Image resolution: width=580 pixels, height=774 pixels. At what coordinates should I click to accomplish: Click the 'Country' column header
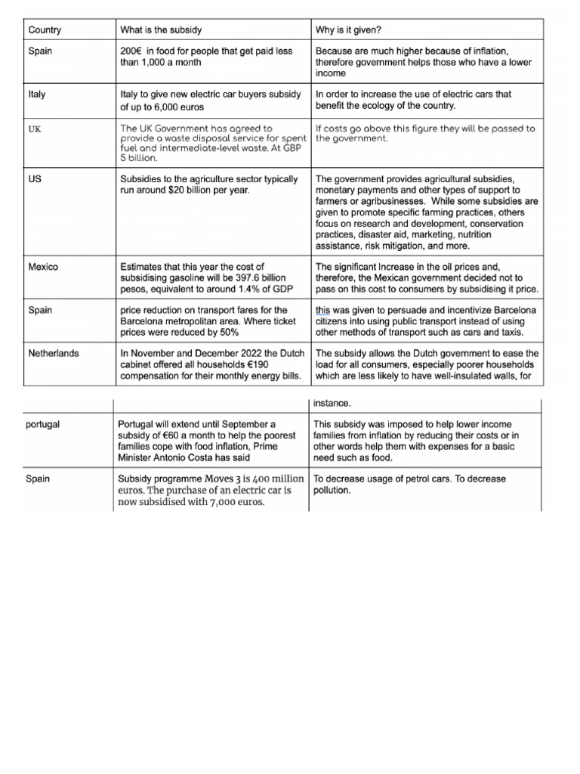click(45, 30)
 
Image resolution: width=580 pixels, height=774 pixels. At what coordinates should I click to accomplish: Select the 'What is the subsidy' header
click(160, 30)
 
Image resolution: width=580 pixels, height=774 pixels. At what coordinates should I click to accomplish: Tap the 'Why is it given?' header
click(348, 30)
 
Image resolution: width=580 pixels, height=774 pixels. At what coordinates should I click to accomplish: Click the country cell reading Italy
click(37, 94)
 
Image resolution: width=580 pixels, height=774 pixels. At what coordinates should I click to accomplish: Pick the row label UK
click(35, 129)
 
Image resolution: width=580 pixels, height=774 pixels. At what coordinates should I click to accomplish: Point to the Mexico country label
click(42, 267)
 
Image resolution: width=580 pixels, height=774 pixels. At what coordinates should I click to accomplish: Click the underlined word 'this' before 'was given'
click(323, 310)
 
